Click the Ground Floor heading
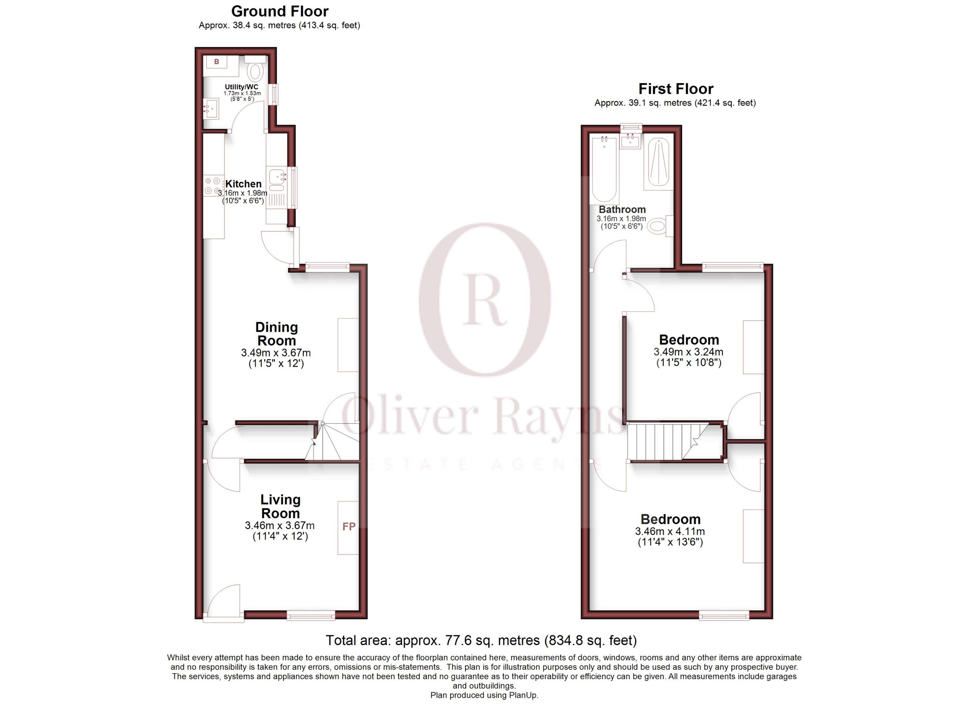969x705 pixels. (280, 11)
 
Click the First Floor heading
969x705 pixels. (676, 89)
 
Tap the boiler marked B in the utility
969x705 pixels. (217, 62)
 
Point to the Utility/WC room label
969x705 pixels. (241, 87)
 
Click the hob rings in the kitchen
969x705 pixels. (213, 186)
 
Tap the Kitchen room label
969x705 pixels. (243, 184)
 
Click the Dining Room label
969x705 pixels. (276, 334)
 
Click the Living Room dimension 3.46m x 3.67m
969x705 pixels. (280, 526)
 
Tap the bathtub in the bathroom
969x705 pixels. (604, 169)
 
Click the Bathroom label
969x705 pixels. (622, 210)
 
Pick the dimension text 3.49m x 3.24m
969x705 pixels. (688, 352)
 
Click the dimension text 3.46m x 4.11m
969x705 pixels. (670, 532)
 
